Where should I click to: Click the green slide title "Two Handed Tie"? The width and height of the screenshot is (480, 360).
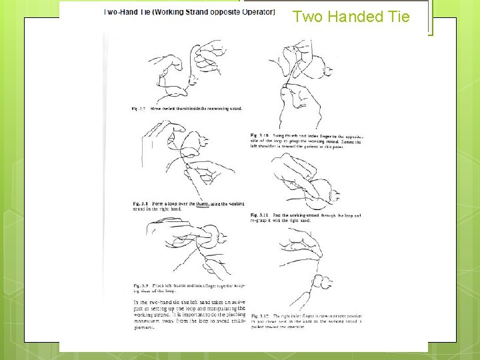[351, 17]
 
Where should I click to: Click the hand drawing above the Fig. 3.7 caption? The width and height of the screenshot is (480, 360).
[187, 70]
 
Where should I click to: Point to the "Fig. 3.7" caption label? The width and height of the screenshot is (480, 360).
[138, 108]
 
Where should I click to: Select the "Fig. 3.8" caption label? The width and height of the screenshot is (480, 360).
[140, 203]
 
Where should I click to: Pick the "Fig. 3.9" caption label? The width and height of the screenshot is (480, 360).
[140, 286]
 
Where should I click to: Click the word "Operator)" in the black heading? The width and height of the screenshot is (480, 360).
[256, 11]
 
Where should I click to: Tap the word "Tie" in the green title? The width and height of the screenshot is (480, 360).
[397, 17]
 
